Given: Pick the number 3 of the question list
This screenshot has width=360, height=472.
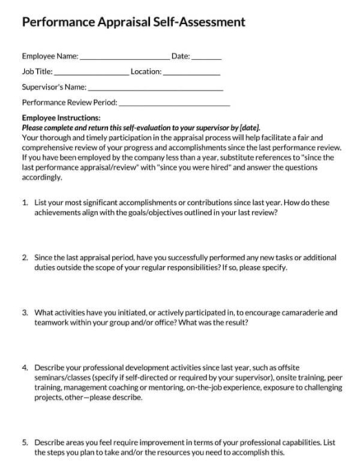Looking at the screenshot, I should (25, 313).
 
